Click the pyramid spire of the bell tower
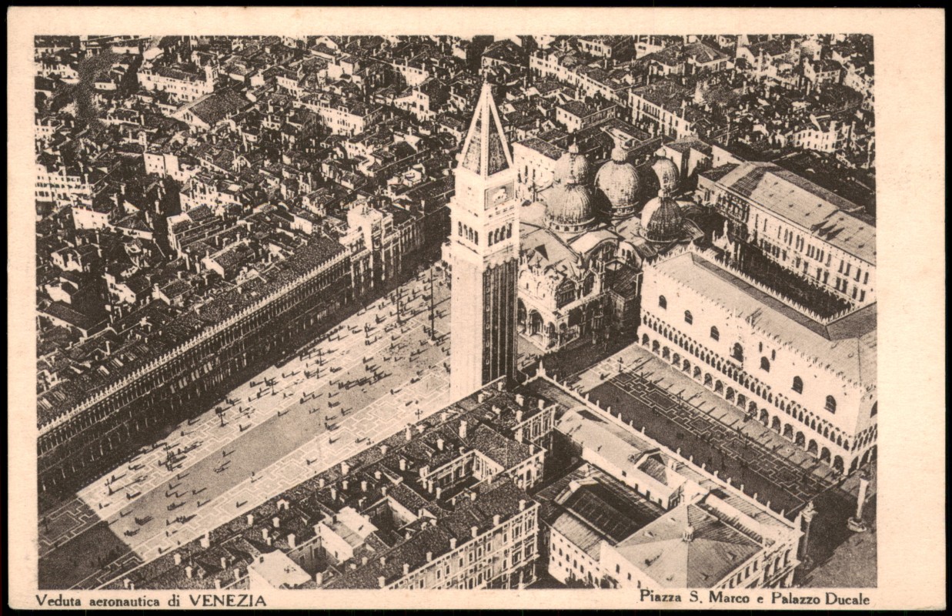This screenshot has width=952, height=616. coord(486,135)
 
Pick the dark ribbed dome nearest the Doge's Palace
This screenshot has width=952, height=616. coord(663,219)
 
